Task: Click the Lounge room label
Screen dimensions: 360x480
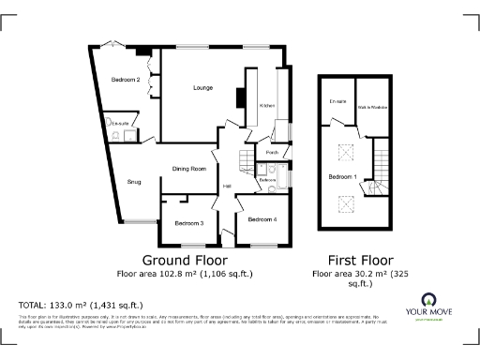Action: (202, 88)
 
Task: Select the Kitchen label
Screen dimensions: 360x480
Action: (266, 106)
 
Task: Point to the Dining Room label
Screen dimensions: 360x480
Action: (188, 169)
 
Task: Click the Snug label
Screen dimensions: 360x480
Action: (134, 182)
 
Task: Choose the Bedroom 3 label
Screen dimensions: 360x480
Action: (188, 223)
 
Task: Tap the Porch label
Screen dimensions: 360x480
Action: (273, 151)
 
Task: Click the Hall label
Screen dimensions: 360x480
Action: (227, 187)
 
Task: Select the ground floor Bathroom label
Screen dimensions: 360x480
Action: (267, 179)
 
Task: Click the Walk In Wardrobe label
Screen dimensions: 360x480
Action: (373, 108)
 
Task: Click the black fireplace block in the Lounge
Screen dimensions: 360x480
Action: (240, 96)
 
